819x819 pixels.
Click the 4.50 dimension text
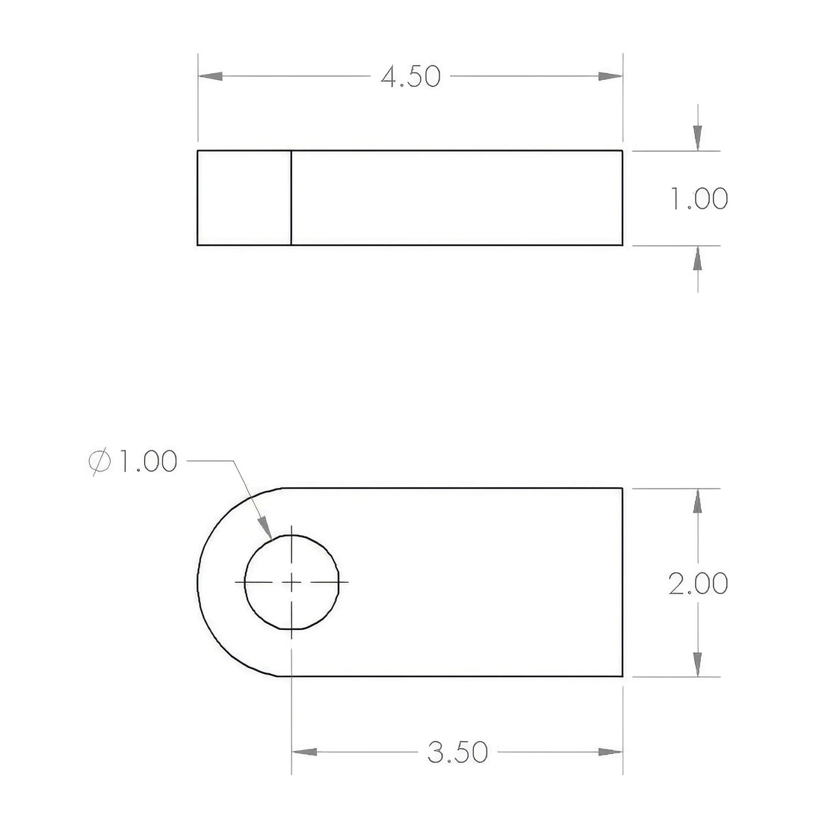(410, 77)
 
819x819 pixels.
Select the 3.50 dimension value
(457, 752)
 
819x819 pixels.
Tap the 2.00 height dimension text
(699, 583)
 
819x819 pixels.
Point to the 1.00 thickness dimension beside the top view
(699, 199)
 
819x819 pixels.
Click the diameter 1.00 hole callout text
(133, 461)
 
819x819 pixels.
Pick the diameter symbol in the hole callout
(100, 462)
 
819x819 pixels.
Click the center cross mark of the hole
(291, 582)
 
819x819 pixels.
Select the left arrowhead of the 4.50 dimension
(210, 76)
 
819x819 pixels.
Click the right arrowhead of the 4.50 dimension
(610, 76)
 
